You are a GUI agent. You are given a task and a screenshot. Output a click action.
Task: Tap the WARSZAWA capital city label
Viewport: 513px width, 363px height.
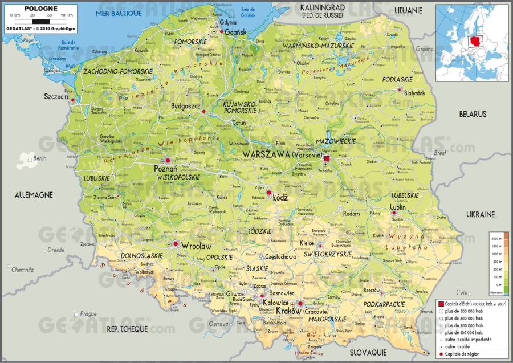click(x=266, y=154)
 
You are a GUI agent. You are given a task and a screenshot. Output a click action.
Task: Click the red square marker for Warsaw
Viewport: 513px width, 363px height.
click(x=327, y=158)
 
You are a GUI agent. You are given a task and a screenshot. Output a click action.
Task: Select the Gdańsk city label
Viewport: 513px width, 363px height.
click(x=236, y=33)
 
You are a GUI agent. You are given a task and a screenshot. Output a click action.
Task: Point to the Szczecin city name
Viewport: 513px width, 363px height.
click(x=56, y=97)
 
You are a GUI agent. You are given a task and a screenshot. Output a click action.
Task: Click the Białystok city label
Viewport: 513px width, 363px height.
click(x=414, y=92)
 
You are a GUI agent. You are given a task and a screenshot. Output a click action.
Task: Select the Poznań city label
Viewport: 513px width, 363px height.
click(x=166, y=169)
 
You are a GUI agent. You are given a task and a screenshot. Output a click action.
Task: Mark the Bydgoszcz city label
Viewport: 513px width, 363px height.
click(x=186, y=106)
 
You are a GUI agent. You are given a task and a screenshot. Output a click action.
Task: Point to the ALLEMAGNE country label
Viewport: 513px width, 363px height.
click(x=34, y=195)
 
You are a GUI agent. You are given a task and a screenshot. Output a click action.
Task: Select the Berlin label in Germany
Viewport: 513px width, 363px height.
click(x=39, y=158)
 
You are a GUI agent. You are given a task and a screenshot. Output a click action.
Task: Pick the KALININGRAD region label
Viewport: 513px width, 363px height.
click(x=323, y=6)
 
